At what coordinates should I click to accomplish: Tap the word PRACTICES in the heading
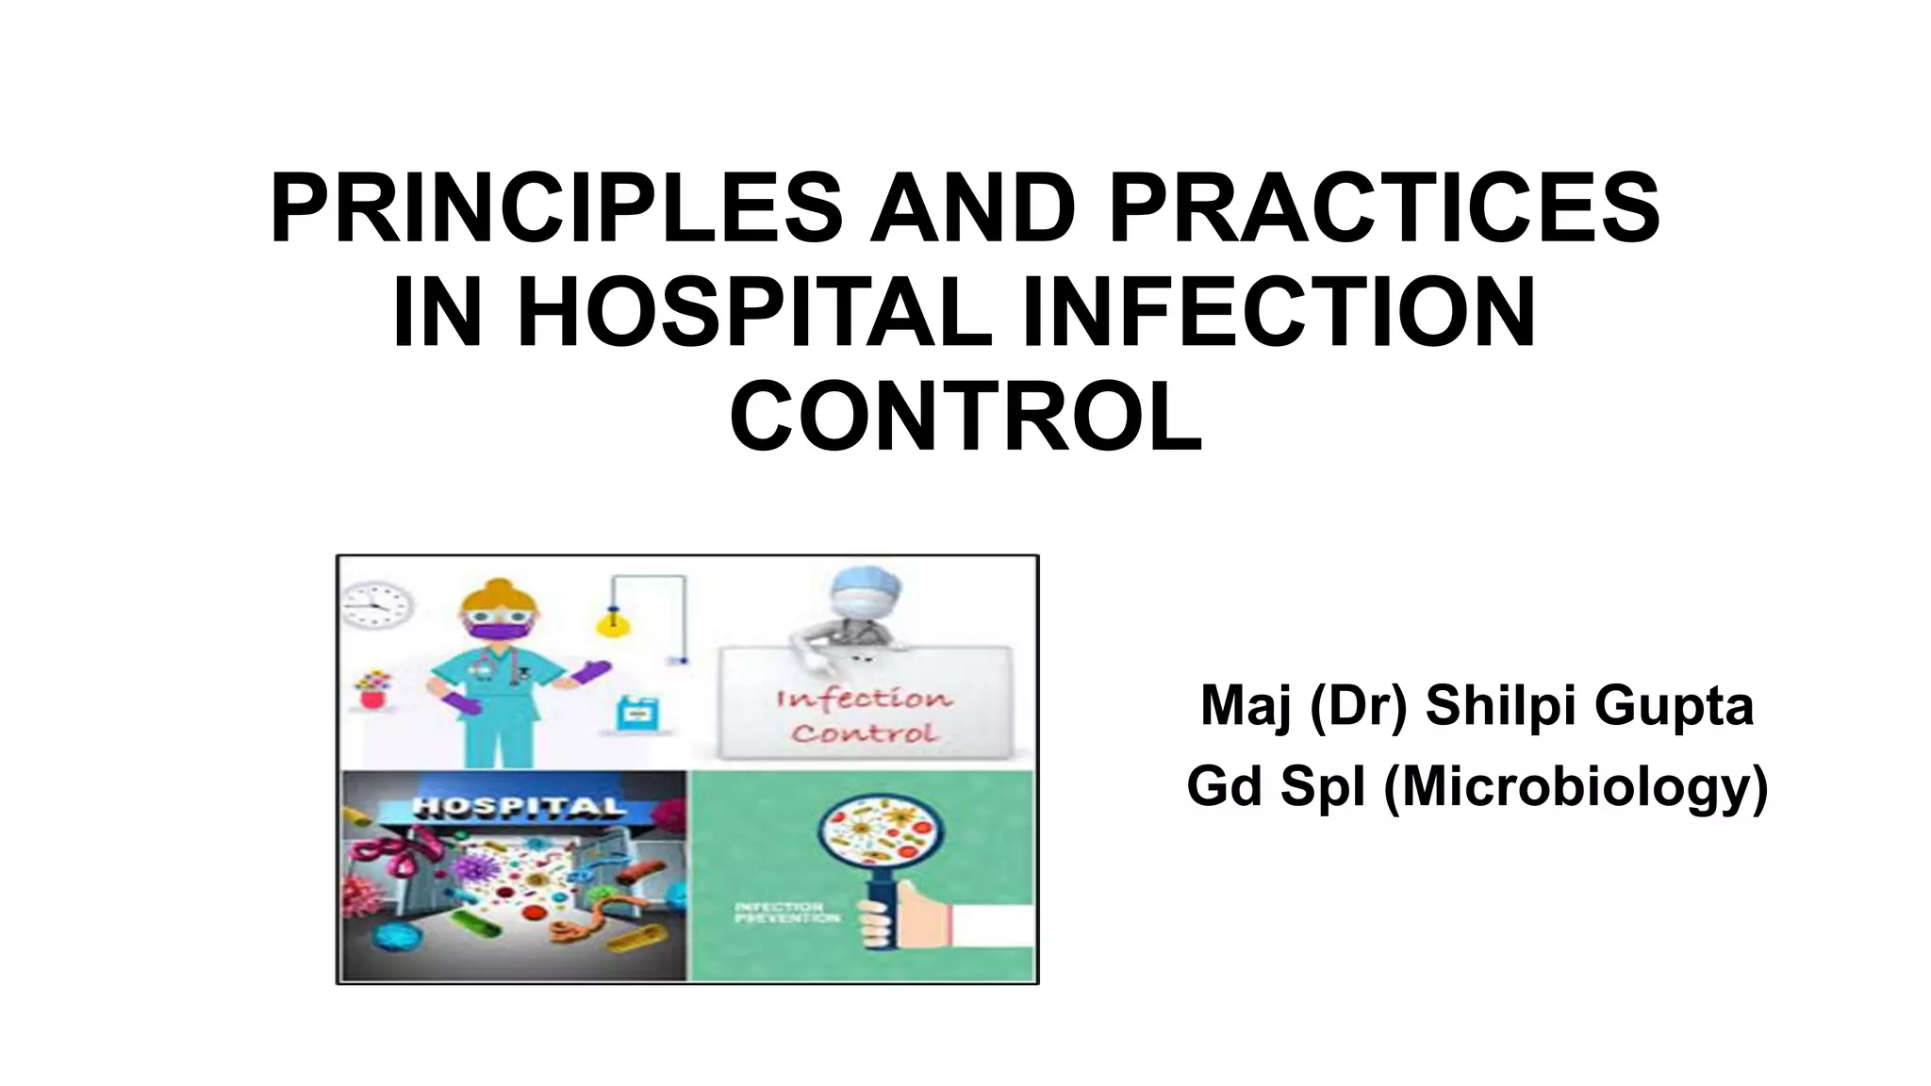[1384, 209]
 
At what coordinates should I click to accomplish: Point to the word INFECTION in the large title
[1280, 313]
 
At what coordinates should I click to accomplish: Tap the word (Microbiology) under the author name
[1576, 787]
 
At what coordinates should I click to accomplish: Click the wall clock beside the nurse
[377, 605]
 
